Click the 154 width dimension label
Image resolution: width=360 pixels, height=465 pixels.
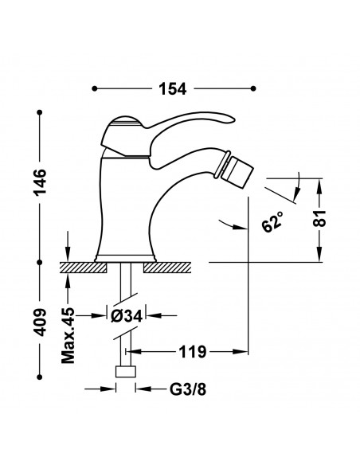[x=173, y=88]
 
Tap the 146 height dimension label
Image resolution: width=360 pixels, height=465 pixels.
[x=40, y=182]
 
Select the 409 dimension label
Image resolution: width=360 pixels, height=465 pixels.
[x=40, y=322]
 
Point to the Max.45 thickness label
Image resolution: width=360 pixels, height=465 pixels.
[x=68, y=336]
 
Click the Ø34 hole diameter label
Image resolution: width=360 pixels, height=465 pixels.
[x=127, y=316]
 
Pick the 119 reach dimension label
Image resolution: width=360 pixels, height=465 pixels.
[x=192, y=352]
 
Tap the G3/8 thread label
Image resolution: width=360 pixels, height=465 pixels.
[x=188, y=389]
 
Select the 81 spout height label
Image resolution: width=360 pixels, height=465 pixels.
[x=319, y=218]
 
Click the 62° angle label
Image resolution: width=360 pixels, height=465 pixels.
[x=272, y=221]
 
